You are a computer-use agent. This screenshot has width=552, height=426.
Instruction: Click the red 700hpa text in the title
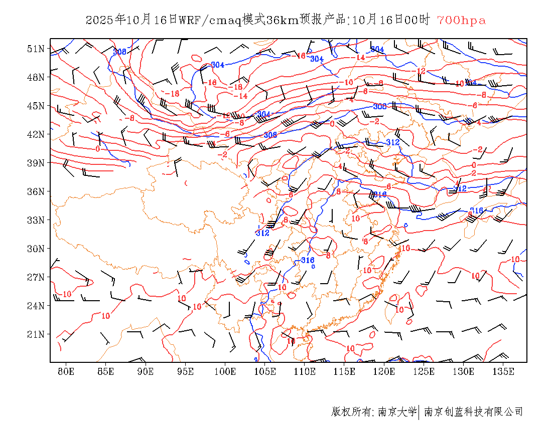[461, 21]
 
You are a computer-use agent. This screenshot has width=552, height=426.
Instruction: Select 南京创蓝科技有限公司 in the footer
[473, 412]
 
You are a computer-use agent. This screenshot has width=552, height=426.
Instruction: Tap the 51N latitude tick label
[36, 49]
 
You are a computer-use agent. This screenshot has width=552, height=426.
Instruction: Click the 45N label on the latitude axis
[36, 106]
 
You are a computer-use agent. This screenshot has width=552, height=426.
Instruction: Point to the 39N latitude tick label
[36, 163]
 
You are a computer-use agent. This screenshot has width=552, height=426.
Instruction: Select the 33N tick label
[36, 220]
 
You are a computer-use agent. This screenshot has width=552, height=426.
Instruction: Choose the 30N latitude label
[36, 249]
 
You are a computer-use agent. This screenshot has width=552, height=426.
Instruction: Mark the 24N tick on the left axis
[36, 306]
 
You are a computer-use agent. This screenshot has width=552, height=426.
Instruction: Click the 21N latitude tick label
[36, 334]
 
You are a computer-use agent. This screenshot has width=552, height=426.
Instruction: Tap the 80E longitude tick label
[66, 371]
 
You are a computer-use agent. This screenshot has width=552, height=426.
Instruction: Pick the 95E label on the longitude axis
[186, 371]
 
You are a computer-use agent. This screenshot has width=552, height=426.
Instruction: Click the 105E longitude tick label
[265, 371]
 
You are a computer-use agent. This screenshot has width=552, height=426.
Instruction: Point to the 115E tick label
[345, 371]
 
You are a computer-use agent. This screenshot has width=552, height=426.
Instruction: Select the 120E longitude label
[384, 371]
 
